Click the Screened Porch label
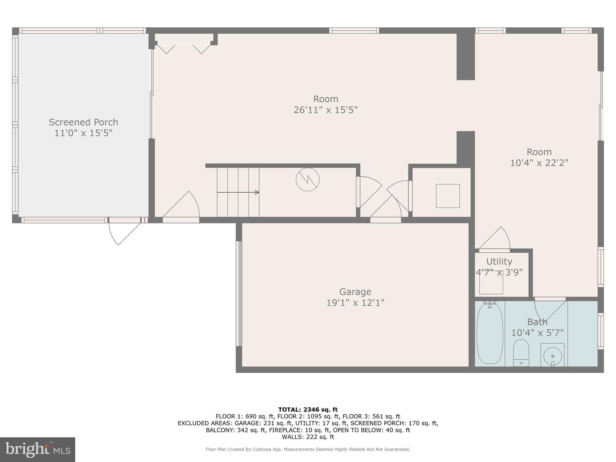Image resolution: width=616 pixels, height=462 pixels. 83,122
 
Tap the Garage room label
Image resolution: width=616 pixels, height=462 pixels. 355,292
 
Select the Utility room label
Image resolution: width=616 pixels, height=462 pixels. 499,261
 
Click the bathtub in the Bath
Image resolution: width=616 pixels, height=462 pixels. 490,334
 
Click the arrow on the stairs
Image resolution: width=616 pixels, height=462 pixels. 238,192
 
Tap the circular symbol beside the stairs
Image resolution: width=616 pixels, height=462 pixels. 307,180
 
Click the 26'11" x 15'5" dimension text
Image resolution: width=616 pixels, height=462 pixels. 325,110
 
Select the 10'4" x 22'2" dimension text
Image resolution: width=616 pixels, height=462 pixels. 539,163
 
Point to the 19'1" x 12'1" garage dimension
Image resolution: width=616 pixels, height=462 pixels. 355,303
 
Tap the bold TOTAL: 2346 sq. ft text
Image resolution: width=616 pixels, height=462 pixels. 308,409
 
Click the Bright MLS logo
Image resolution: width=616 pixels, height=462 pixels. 38,449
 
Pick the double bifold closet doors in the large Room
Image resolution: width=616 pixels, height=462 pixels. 184,48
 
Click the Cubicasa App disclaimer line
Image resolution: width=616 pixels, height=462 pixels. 308,449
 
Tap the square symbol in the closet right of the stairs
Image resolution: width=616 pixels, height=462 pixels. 448,196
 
